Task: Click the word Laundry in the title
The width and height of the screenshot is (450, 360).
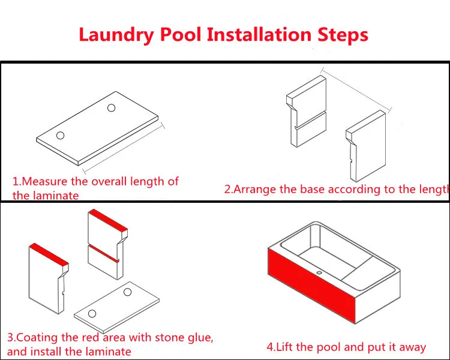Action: pos(116,35)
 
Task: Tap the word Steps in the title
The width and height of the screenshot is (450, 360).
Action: pos(343,35)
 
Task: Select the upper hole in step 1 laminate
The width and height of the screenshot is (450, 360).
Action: pos(112,107)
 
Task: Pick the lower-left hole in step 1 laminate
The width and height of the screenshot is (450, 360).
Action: pos(60,135)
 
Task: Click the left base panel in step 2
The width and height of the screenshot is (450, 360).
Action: pos(307,112)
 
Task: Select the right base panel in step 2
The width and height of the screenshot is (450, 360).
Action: pos(366,146)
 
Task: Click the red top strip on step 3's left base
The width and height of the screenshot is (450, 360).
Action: pos(49,254)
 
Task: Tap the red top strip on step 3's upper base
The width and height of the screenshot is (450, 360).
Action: pos(108,220)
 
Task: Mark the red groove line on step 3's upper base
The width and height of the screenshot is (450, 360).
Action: pos(103,253)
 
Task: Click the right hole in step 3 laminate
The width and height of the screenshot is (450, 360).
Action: pos(127,292)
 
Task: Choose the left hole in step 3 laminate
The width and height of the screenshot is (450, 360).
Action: pos(92,313)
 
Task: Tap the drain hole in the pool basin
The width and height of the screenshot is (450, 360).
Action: pos(319,273)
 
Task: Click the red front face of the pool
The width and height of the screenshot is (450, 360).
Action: pos(312,286)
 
